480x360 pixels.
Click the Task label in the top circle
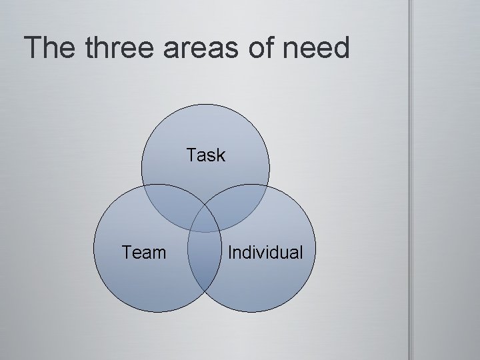[x=206, y=156]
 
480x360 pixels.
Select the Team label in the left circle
[x=144, y=253]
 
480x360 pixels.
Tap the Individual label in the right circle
[x=265, y=253]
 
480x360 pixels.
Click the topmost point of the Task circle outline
[x=206, y=103]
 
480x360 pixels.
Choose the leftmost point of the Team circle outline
[x=93, y=248]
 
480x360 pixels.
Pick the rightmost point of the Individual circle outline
[x=315, y=248]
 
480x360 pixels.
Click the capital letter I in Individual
[x=230, y=253]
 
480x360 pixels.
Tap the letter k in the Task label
[x=221, y=156]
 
